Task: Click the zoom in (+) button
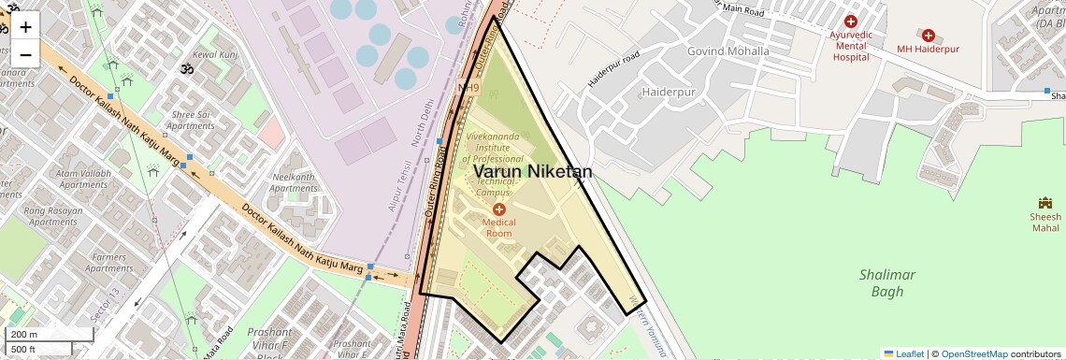pyautogui.click(x=25, y=27)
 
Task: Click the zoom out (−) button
pyautogui.click(x=25, y=54)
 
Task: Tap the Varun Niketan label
pyautogui.click(x=532, y=172)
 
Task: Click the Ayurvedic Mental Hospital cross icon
pyautogui.click(x=850, y=22)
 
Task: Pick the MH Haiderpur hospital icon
pyautogui.click(x=928, y=35)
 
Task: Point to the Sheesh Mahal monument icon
pyautogui.click(x=1045, y=203)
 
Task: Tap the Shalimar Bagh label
pyautogui.click(x=886, y=282)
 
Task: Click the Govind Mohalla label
pyautogui.click(x=728, y=51)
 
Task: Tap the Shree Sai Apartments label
pyautogui.click(x=193, y=121)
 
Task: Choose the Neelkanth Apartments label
pyautogui.click(x=294, y=181)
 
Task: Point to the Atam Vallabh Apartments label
pyautogui.click(x=83, y=179)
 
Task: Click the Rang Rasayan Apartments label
pyautogui.click(x=52, y=216)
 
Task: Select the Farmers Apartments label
pyautogui.click(x=108, y=263)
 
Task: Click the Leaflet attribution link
pyautogui.click(x=903, y=353)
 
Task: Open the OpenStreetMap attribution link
pyautogui.click(x=973, y=353)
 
